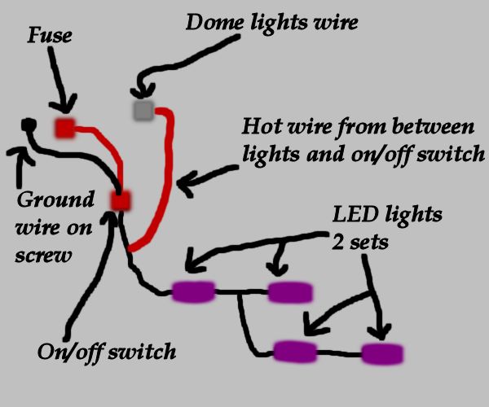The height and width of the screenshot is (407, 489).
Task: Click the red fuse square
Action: pyautogui.click(x=64, y=127)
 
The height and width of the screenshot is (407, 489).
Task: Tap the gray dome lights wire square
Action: pyautogui.click(x=143, y=109)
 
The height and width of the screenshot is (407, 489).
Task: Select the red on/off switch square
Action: pyautogui.click(x=121, y=200)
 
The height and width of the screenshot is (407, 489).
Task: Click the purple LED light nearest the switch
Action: pyautogui.click(x=193, y=291)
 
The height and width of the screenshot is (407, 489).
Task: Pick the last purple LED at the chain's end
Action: pyautogui.click(x=382, y=353)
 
